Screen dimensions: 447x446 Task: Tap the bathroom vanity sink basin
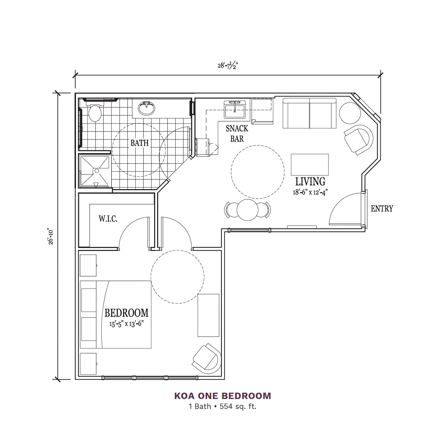pos(146,108)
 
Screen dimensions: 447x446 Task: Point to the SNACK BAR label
pos(237,134)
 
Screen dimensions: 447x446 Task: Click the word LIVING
pos(310,182)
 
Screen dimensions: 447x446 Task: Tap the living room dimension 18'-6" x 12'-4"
pos(310,193)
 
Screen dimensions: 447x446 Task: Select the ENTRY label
pos(382,208)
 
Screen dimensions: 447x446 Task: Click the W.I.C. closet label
pos(108,219)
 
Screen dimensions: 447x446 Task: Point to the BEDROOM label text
pos(126,313)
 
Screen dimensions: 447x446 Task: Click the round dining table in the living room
pos(247,210)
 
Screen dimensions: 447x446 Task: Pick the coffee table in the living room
pos(310,165)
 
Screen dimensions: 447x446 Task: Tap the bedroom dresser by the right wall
pos(208,315)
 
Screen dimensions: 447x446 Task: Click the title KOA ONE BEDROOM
pos(222,396)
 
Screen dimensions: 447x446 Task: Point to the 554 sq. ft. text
pos(238,407)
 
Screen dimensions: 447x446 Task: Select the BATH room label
pos(140,143)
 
